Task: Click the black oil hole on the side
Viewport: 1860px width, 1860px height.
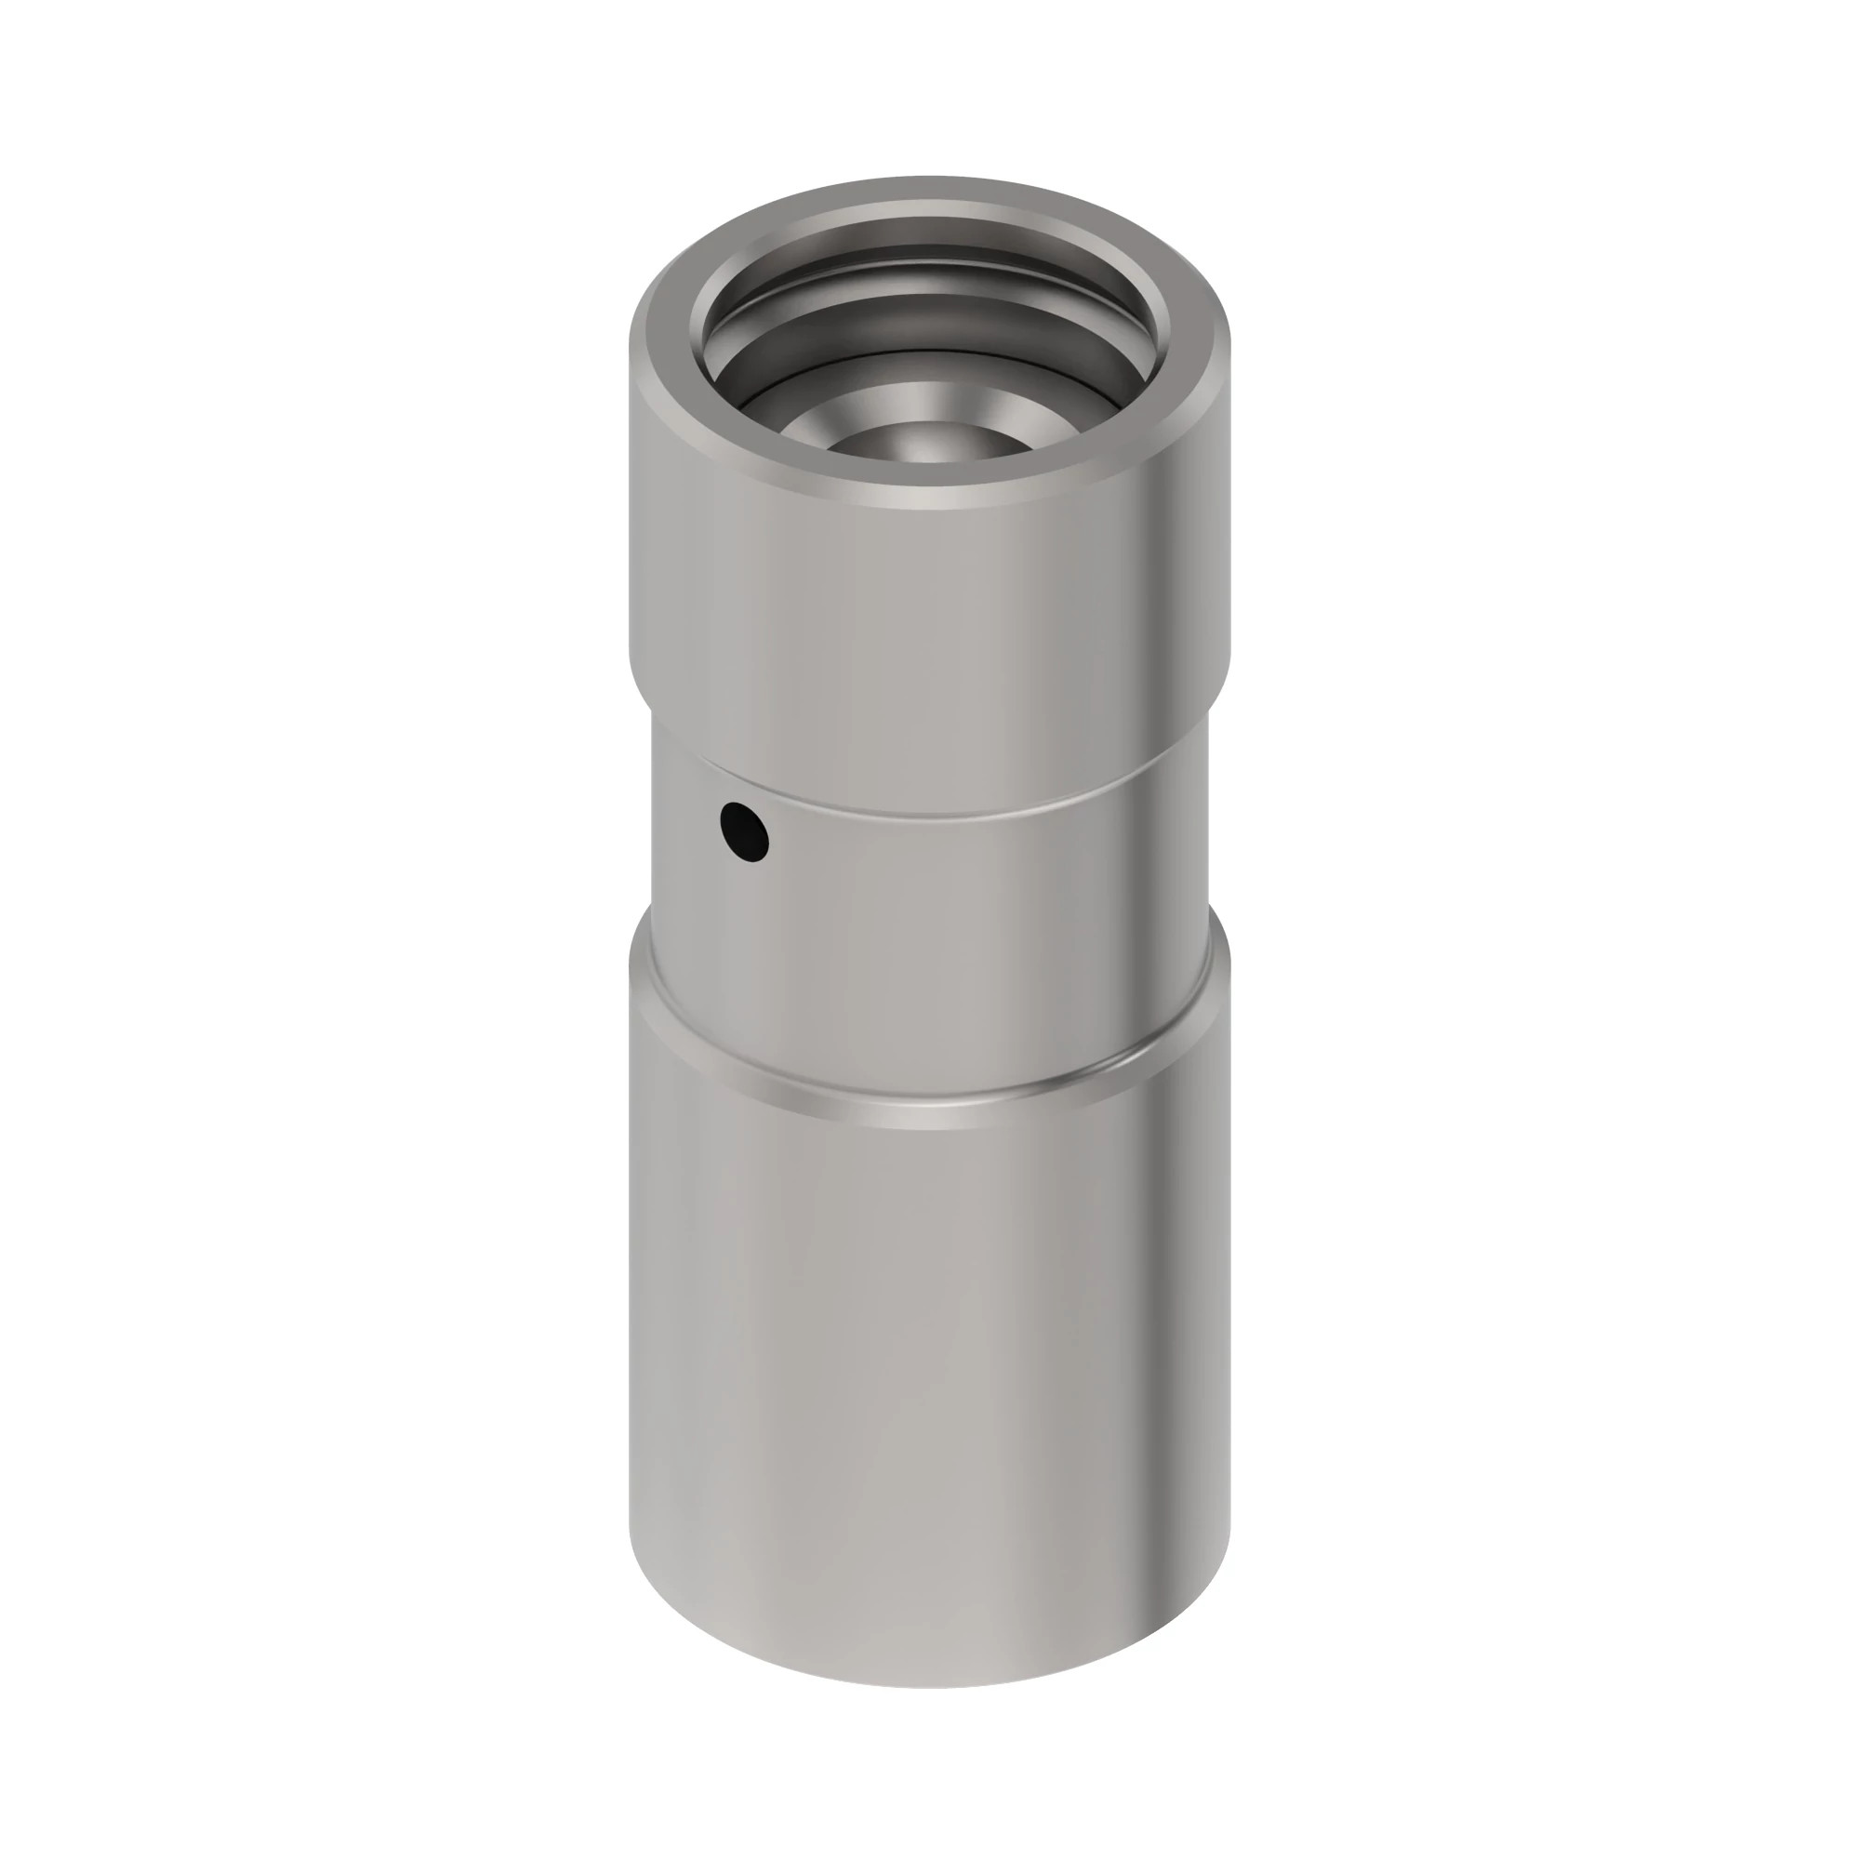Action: (x=744, y=831)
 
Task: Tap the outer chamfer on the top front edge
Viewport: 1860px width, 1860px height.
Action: (x=929, y=503)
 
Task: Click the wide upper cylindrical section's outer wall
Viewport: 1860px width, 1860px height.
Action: (x=929, y=617)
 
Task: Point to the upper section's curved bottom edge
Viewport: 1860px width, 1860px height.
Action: (x=929, y=815)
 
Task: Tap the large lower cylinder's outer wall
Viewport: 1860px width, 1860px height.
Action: (x=929, y=1396)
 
